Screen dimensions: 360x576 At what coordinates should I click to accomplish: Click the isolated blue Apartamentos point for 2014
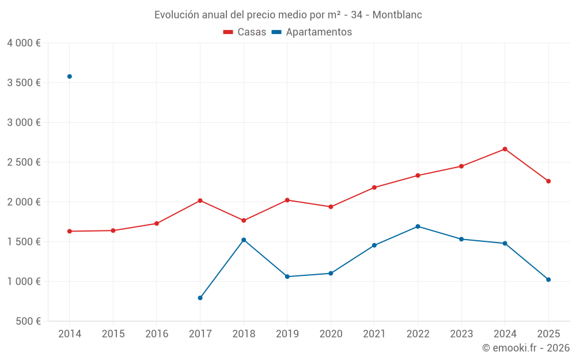[70, 77]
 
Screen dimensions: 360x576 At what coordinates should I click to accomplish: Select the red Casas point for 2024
[505, 149]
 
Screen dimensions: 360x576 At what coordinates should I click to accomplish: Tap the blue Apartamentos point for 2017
[200, 298]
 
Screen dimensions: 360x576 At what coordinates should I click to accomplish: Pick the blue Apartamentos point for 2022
[418, 226]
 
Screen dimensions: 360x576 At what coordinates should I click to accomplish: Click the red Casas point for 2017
[200, 200]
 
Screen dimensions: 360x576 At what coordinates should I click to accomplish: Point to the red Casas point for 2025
[548, 181]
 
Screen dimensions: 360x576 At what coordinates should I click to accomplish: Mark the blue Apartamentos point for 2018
[244, 240]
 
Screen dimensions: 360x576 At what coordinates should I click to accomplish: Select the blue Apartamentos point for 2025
[548, 280]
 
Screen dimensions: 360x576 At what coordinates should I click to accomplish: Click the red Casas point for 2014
[70, 231]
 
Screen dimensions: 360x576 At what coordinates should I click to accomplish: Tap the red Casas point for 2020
[331, 207]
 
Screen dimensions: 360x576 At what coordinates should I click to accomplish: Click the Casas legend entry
[245, 32]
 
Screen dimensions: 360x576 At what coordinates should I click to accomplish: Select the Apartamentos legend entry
[312, 32]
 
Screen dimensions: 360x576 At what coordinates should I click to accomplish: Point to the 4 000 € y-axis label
[24, 43]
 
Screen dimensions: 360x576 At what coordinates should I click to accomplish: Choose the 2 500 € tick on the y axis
[24, 162]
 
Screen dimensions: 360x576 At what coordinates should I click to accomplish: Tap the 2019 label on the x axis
[287, 334]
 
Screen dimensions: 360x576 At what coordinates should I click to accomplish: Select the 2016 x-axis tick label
[157, 334]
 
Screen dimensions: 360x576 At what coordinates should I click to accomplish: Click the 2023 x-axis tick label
[461, 334]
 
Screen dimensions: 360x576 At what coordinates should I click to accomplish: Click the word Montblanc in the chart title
[397, 15]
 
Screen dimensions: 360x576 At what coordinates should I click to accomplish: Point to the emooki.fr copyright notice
[525, 348]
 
